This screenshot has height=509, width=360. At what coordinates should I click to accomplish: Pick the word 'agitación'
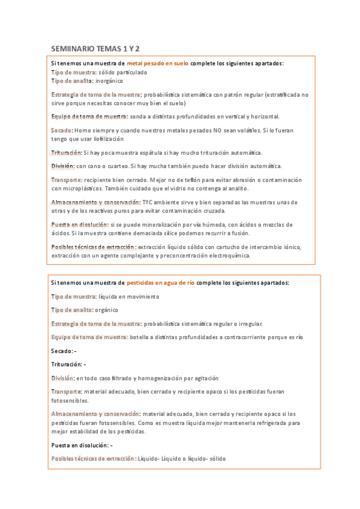tap(205, 378)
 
